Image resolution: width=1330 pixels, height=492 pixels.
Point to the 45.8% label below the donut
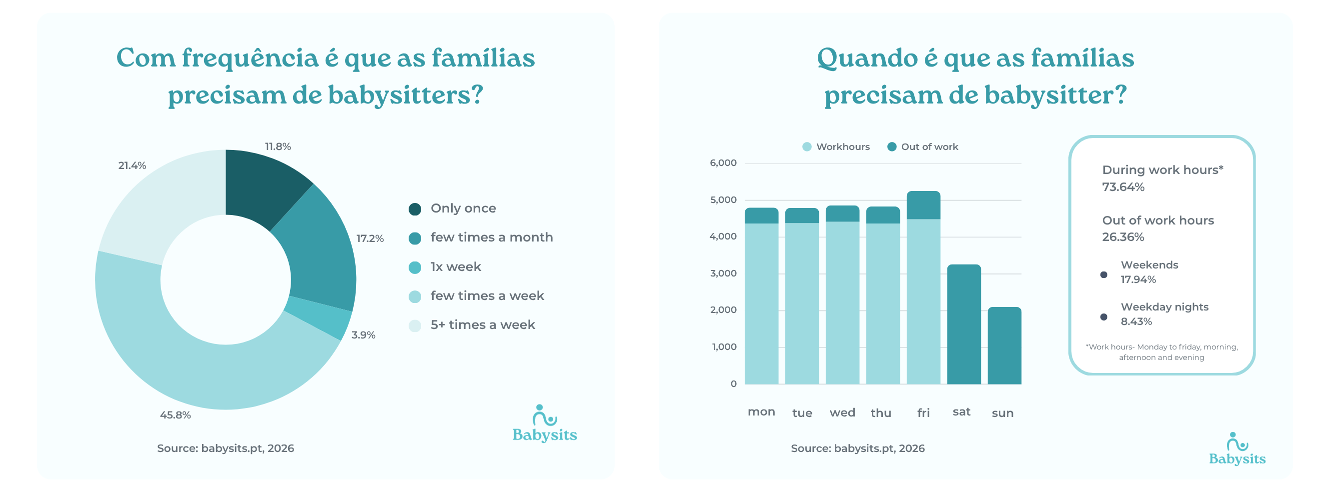[175, 415]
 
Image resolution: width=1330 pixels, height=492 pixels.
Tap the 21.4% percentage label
[132, 165]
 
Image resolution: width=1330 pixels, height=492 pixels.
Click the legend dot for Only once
[415, 209]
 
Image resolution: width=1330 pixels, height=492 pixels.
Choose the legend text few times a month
[491, 237]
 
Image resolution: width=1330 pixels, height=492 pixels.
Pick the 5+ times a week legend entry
[482, 325]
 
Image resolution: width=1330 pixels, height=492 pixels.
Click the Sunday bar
[1004, 346]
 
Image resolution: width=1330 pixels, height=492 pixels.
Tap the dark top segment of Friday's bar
[923, 205]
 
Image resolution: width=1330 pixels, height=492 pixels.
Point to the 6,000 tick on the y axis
[723, 163]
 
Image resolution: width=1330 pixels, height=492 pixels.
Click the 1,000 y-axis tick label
[724, 347]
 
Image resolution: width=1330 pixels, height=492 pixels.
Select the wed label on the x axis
[842, 413]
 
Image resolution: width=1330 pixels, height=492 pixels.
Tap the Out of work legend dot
[891, 147]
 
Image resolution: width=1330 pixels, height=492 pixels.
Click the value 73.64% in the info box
[1123, 187]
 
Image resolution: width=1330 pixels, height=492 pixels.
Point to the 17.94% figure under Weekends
[1138, 280]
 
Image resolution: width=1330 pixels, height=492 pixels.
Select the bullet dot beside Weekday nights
[1103, 317]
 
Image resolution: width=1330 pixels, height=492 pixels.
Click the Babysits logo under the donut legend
[544, 424]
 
